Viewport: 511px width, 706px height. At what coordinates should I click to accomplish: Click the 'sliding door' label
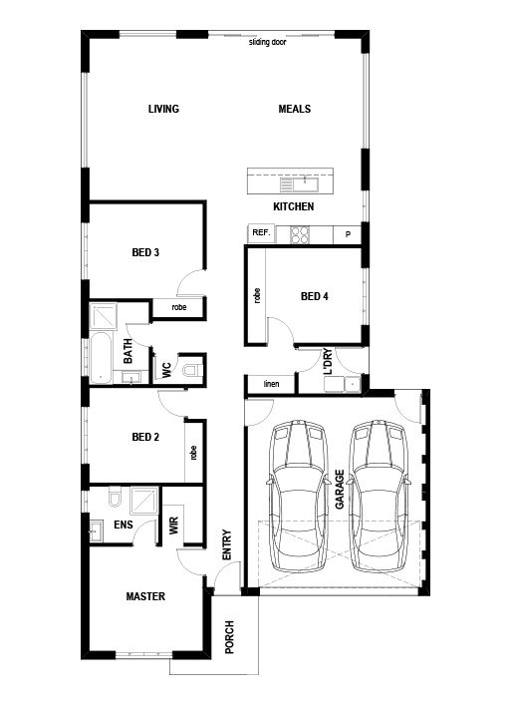point(268,42)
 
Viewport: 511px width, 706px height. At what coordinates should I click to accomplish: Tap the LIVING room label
point(163,109)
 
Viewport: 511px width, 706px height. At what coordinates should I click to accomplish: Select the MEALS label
point(295,109)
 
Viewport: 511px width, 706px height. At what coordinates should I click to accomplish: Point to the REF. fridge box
point(261,233)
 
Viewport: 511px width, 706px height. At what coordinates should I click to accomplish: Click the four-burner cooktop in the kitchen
point(300,234)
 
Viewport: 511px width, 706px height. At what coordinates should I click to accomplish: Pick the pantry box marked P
point(348,234)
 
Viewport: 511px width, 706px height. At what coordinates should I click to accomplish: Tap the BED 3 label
point(145,252)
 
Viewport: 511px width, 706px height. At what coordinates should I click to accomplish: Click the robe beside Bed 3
point(179,307)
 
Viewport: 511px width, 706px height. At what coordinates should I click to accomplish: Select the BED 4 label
point(315,296)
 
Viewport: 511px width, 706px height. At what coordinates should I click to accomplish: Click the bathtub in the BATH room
point(102,358)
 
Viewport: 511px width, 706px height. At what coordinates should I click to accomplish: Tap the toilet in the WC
point(192,370)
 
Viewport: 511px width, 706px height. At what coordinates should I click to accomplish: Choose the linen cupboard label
point(271,384)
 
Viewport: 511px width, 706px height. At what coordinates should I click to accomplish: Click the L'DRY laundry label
point(328,361)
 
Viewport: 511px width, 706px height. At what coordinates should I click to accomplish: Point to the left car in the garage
point(298,497)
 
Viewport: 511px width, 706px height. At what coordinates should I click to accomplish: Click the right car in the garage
point(381,497)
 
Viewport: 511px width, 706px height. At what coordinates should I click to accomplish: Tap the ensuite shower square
point(144,501)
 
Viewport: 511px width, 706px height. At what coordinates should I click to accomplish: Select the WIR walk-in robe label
point(174,526)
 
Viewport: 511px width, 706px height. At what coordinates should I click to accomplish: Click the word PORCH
point(229,637)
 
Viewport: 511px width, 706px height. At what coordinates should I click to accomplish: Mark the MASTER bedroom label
point(145,596)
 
